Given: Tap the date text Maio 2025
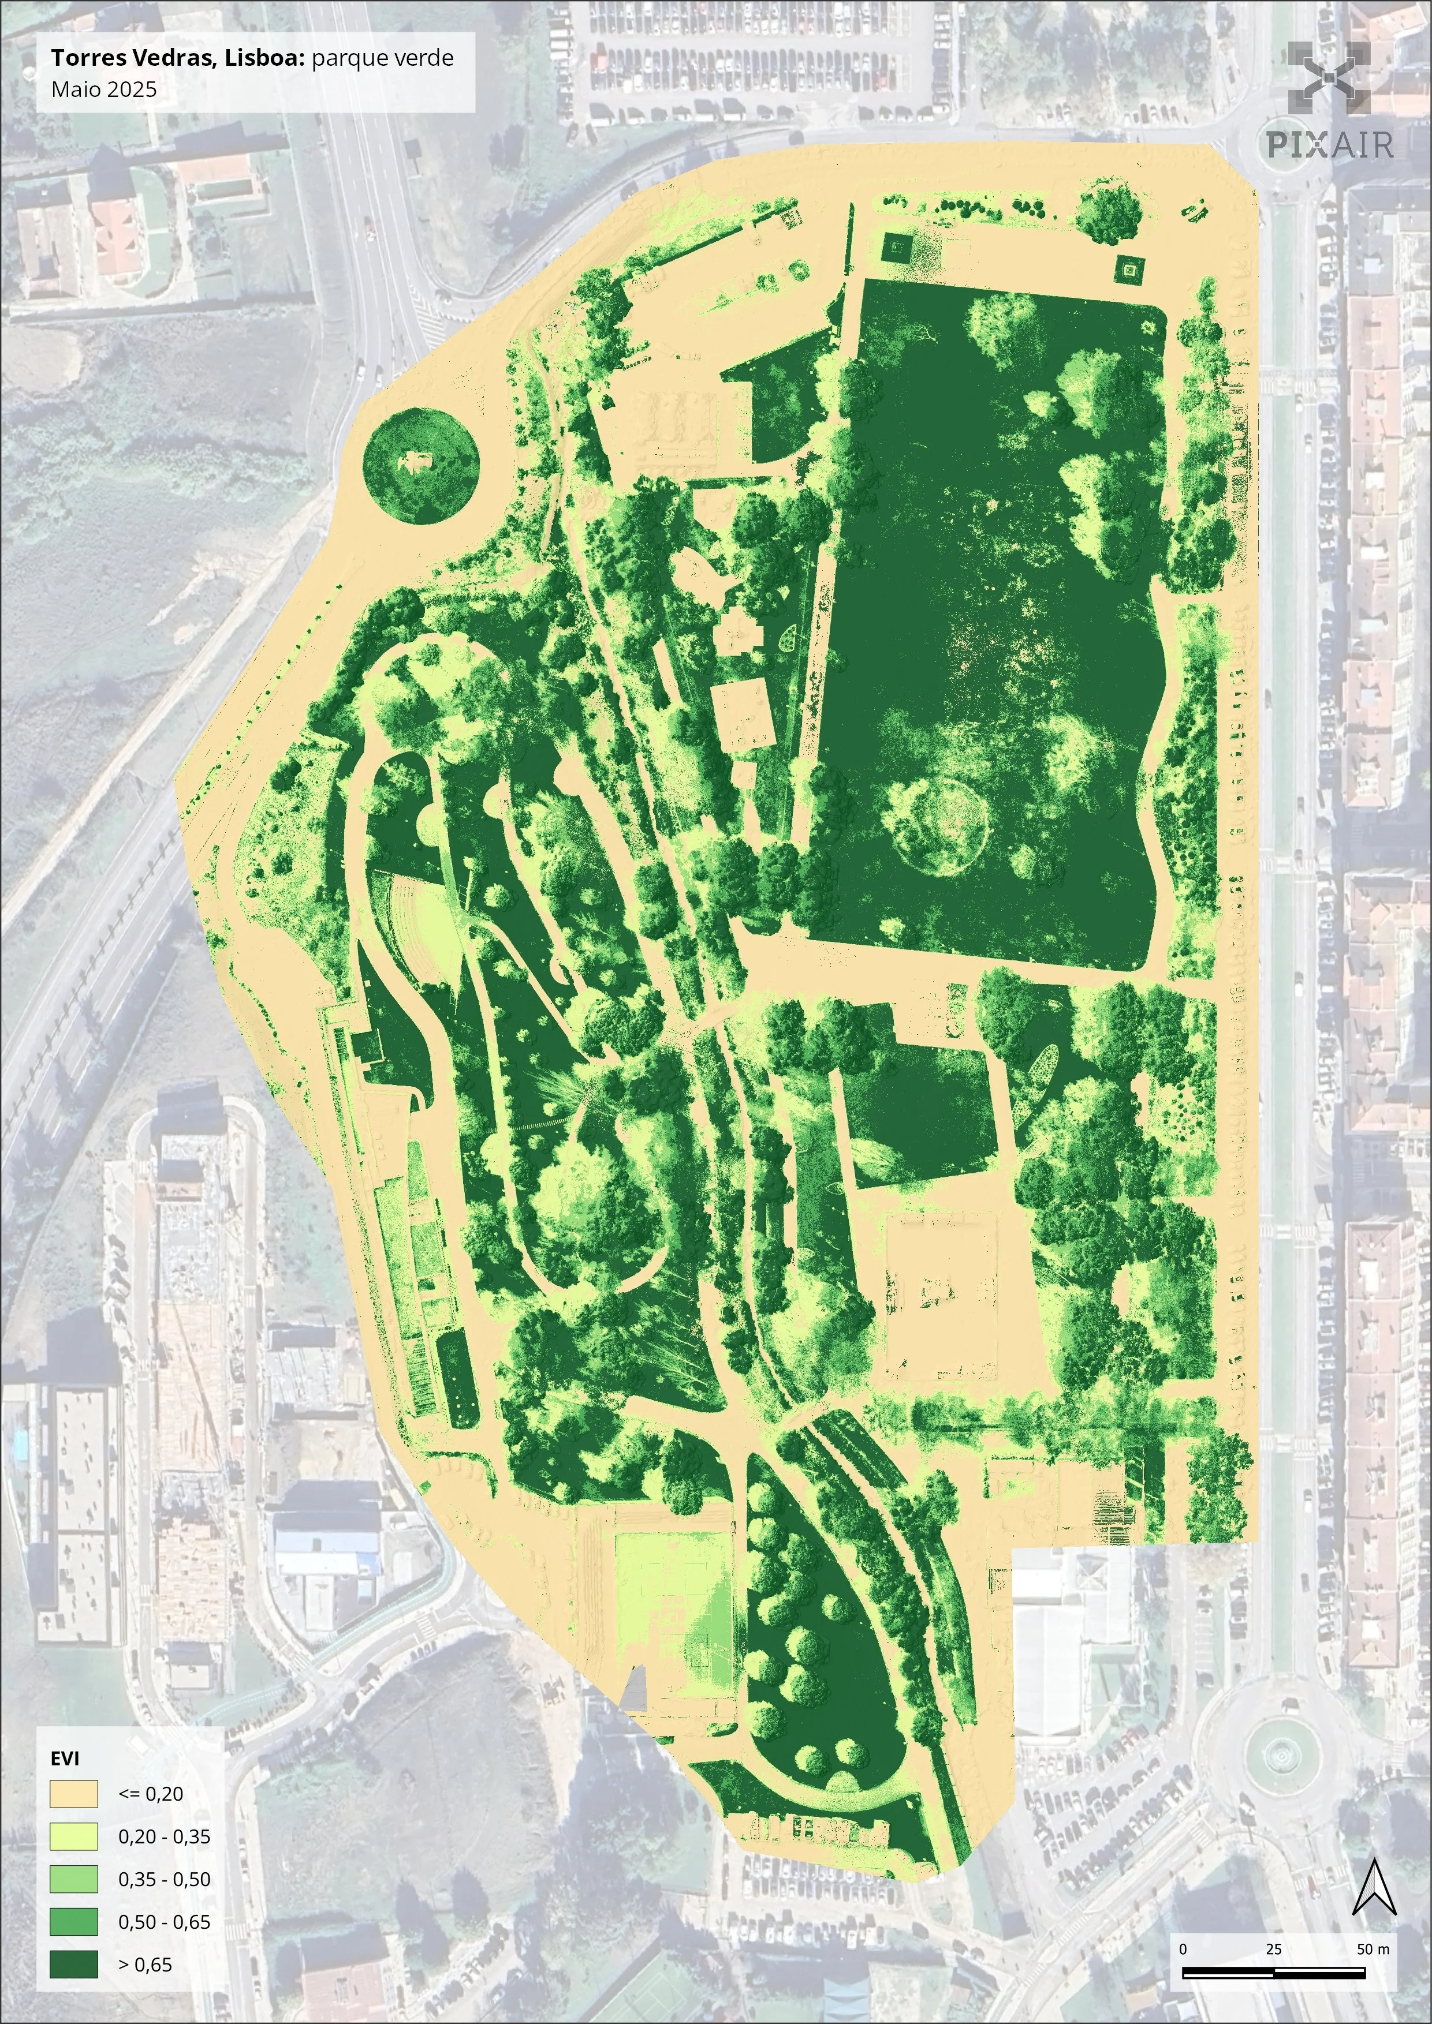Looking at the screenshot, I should [104, 89].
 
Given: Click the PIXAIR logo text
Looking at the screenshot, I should [1330, 144].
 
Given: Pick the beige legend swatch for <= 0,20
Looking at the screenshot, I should [73, 1794].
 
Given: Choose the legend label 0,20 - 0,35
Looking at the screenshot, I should [164, 1837].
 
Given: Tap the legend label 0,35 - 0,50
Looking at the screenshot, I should [164, 1879].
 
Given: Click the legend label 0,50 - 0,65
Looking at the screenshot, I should [164, 1922].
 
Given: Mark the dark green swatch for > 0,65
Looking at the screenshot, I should [73, 1965].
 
